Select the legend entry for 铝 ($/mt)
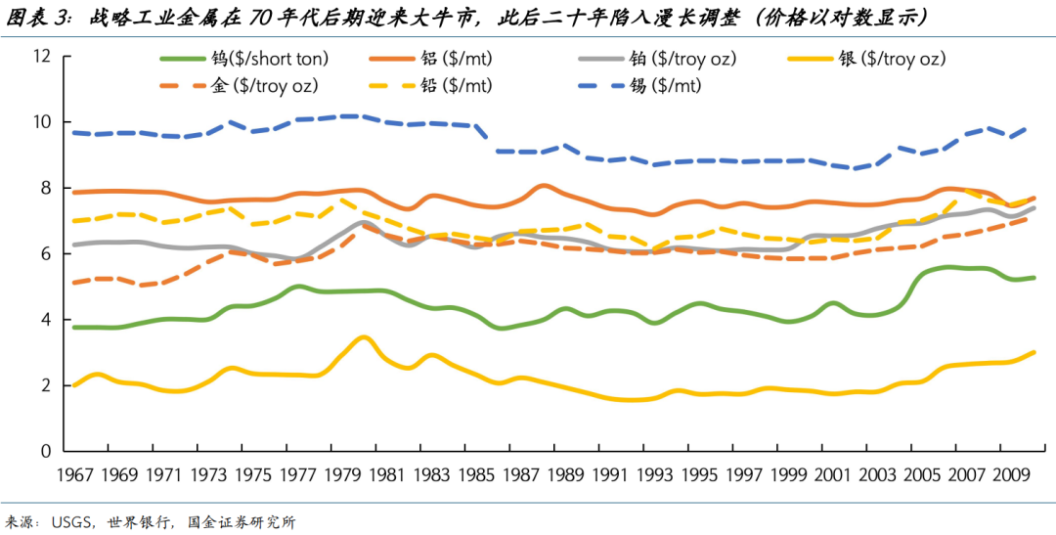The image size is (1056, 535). coord(456,60)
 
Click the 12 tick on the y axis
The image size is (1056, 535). coord(41,57)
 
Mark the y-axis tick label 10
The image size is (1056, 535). coord(41,122)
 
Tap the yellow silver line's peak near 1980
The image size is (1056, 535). coord(363,337)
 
